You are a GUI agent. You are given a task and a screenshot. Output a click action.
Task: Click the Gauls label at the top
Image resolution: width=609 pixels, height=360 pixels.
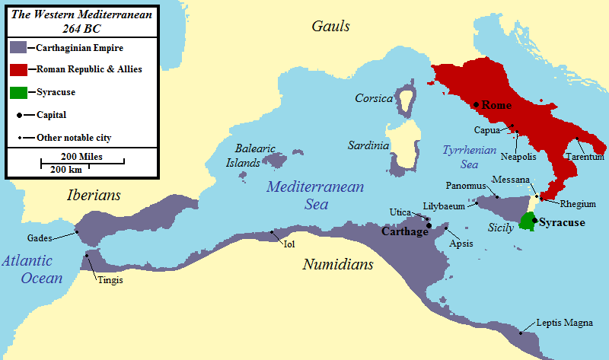pyautogui.click(x=330, y=27)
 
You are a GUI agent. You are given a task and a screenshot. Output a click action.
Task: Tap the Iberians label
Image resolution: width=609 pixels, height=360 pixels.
pyautogui.click(x=94, y=195)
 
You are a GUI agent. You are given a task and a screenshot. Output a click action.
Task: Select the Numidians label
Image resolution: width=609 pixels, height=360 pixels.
pyautogui.click(x=338, y=265)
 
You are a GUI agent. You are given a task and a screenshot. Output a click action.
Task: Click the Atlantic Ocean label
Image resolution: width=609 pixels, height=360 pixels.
pyautogui.click(x=31, y=269)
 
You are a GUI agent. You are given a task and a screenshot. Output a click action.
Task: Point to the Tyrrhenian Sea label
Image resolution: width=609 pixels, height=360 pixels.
pyautogui.click(x=464, y=156)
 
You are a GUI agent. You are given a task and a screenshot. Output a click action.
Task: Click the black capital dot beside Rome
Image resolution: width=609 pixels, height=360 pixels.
pyautogui.click(x=476, y=104)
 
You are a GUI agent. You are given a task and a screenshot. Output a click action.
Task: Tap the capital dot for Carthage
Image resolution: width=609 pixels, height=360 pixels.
pyautogui.click(x=429, y=225)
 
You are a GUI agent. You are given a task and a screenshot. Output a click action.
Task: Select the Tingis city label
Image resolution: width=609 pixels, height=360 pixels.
pyautogui.click(x=110, y=280)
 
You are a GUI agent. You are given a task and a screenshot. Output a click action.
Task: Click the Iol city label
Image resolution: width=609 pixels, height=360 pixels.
pyautogui.click(x=289, y=244)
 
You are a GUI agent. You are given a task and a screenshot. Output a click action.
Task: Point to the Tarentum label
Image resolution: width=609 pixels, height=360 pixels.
pyautogui.click(x=585, y=157)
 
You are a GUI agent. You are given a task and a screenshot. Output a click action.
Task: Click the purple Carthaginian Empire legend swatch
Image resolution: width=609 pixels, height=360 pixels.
pyautogui.click(x=18, y=47)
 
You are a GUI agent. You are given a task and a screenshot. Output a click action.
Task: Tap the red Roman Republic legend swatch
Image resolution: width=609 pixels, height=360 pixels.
pyautogui.click(x=18, y=69)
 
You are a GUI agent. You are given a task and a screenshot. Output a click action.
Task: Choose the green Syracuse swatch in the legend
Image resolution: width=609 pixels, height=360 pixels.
pyautogui.click(x=18, y=92)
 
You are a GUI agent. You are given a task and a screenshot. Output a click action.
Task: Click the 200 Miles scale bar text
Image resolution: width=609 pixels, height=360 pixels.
pyautogui.click(x=81, y=156)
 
